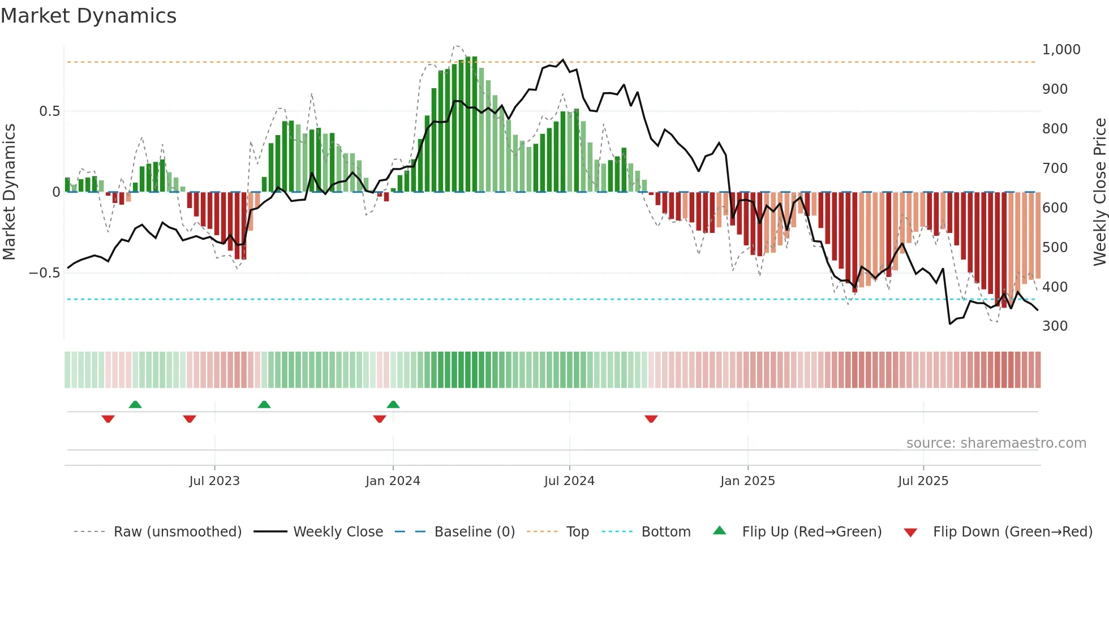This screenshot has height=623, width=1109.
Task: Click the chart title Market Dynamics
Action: coord(89,16)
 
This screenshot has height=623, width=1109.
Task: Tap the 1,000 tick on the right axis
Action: coord(1061,50)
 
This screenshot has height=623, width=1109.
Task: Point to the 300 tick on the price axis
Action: coord(1055,326)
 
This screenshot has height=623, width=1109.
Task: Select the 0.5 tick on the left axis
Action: coord(49,111)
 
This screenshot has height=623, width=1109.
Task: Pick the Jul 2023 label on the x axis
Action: coord(214,481)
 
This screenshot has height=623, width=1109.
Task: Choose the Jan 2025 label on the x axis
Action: coord(747,481)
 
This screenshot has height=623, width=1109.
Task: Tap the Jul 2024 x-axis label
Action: coord(569,481)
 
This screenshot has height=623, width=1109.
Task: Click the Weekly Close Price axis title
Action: coord(1099,192)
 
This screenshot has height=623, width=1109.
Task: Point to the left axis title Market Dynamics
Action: coord(9,192)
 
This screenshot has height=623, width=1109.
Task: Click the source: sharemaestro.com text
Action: coord(996,443)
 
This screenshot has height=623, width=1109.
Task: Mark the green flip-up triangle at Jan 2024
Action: coord(393,405)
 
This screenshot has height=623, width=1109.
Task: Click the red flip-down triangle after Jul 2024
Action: coord(651,419)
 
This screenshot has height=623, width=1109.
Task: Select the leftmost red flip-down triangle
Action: coord(108,419)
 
